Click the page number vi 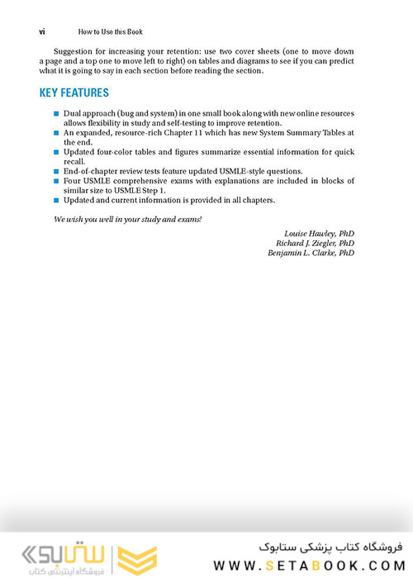[42, 31]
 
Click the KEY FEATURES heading [74, 92]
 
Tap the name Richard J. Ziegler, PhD [315, 244]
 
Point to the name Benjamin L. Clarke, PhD [311, 253]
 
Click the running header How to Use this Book [110, 31]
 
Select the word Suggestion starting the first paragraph [71, 51]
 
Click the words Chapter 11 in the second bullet [191, 132]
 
